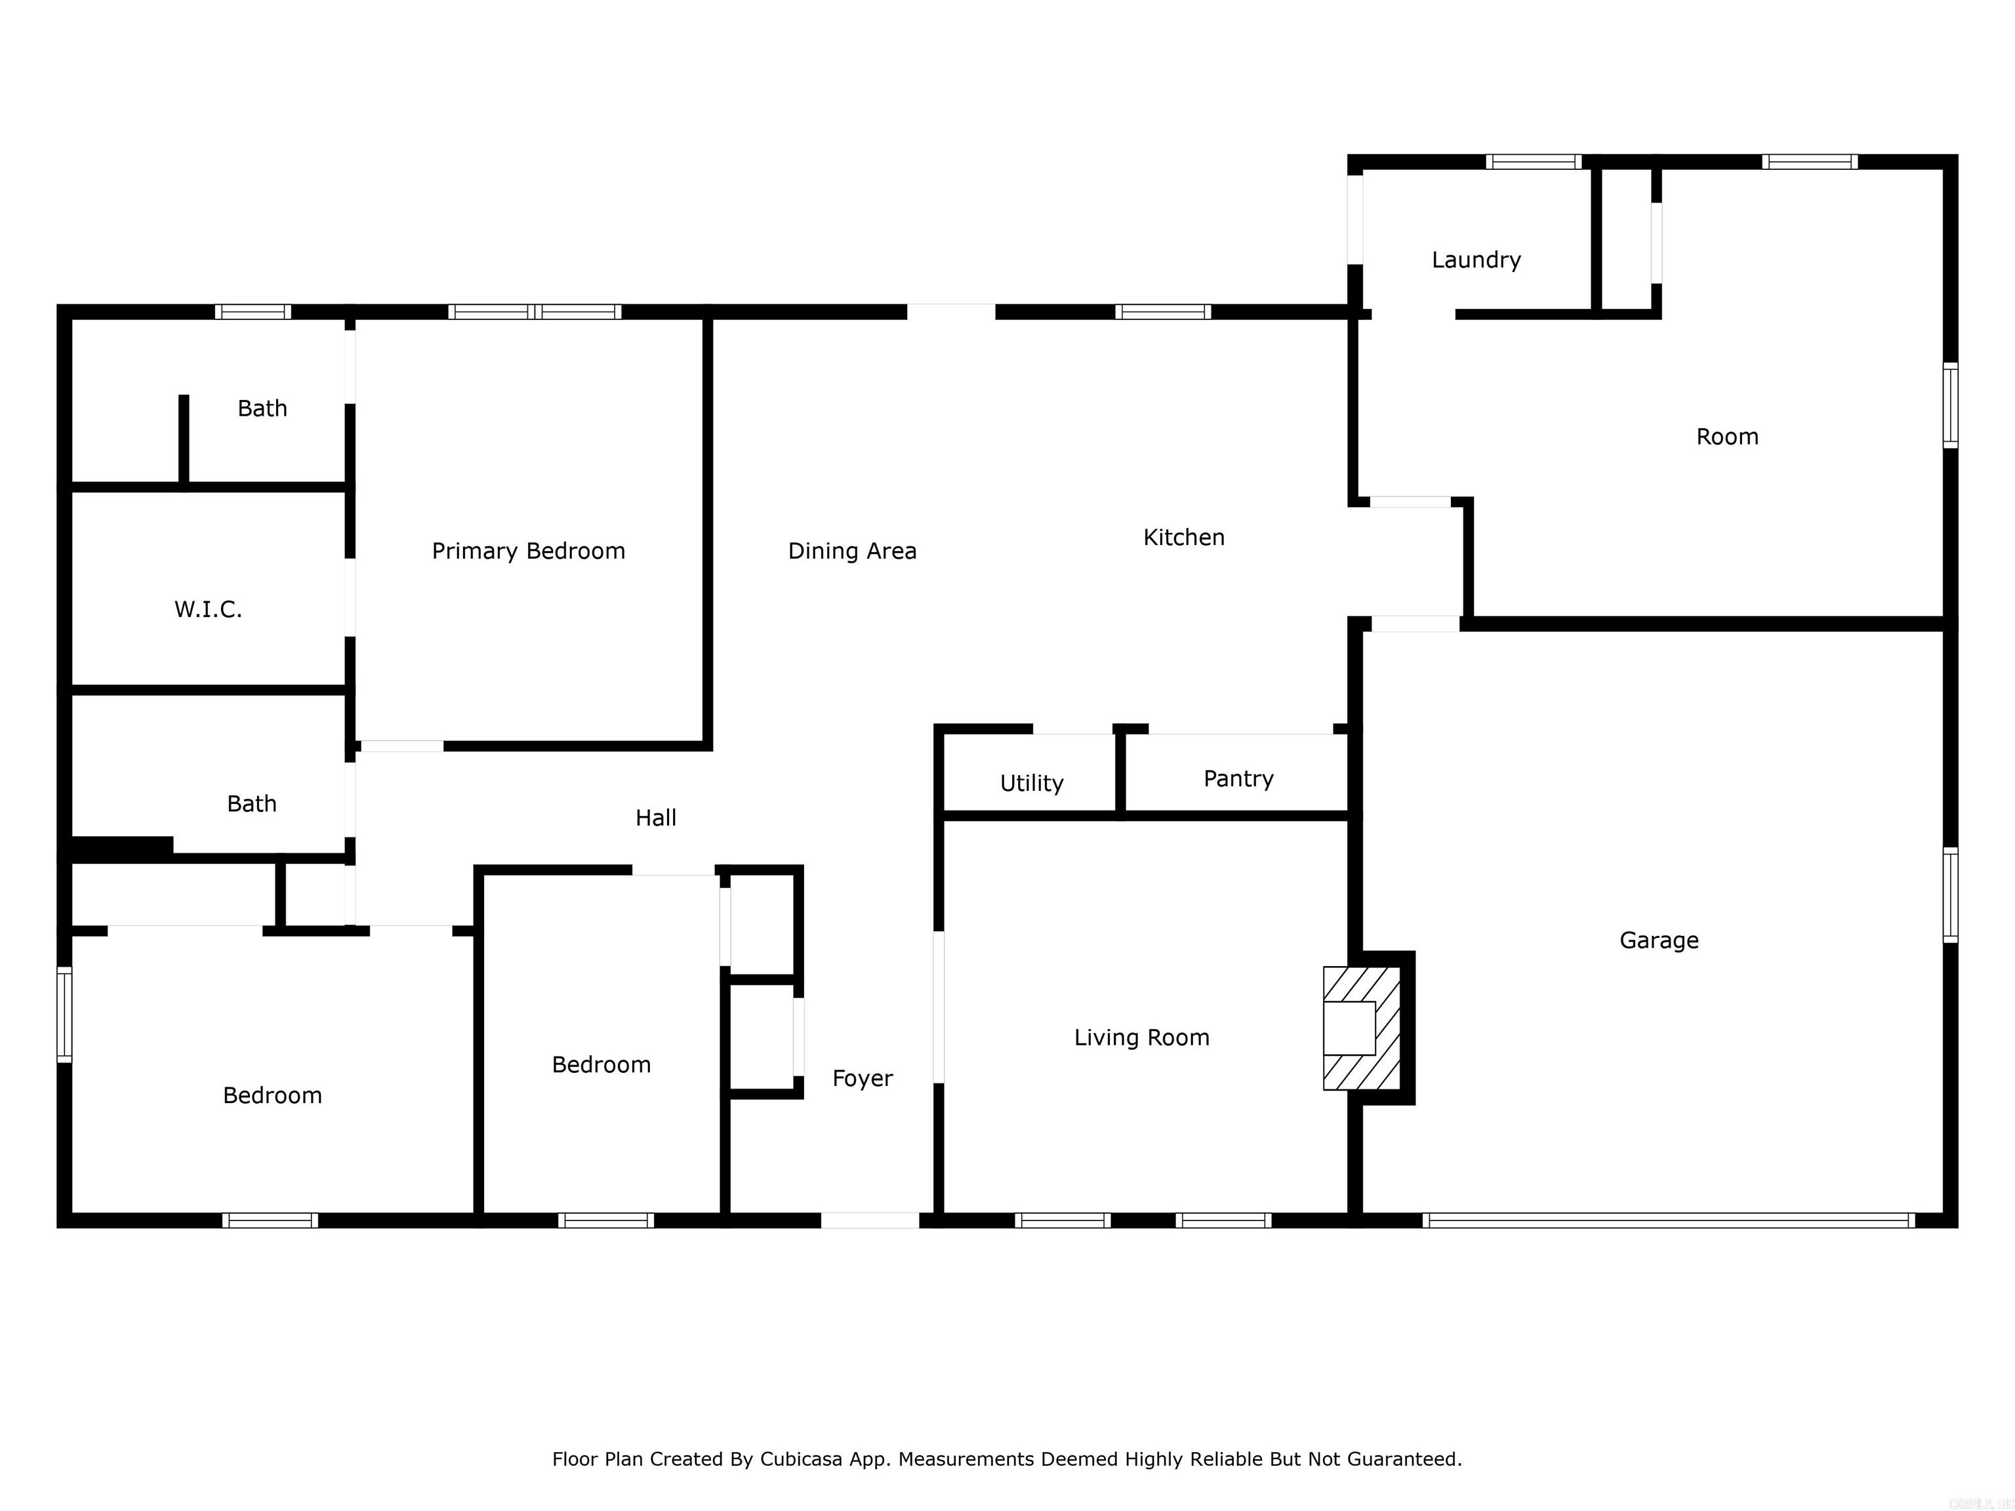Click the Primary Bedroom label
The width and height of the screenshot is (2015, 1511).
click(x=528, y=551)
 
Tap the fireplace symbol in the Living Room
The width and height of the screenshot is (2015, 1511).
click(x=1361, y=1028)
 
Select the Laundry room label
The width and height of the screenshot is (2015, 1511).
click(x=1476, y=260)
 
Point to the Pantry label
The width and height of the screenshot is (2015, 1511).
click(x=1238, y=778)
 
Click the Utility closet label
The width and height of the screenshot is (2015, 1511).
click(x=1031, y=783)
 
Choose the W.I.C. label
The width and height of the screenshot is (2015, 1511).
click(x=208, y=609)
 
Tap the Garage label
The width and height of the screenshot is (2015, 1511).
click(x=1659, y=940)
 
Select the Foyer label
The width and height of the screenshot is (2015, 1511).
click(x=862, y=1078)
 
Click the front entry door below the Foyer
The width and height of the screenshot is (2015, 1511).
click(x=870, y=1220)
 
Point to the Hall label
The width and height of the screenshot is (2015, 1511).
click(x=655, y=818)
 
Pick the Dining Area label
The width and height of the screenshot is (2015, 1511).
click(x=852, y=551)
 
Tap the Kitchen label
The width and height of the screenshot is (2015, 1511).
click(x=1183, y=537)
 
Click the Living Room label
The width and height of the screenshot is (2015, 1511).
click(x=1141, y=1038)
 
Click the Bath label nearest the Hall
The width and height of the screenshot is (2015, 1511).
click(x=251, y=804)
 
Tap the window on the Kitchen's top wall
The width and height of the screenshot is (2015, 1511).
click(x=1163, y=312)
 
